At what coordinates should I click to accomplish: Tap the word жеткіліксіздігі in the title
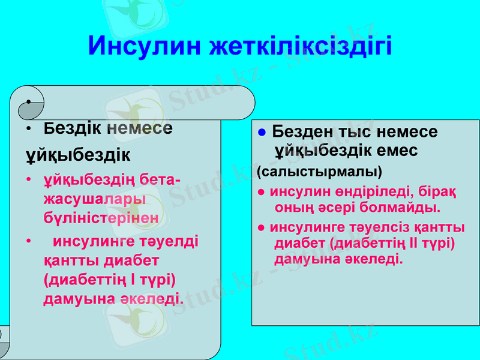click(x=300, y=46)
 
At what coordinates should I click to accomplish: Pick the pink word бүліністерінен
click(x=101, y=218)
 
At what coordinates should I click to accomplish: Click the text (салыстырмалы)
click(x=319, y=172)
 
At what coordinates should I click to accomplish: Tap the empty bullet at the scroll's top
click(x=28, y=101)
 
